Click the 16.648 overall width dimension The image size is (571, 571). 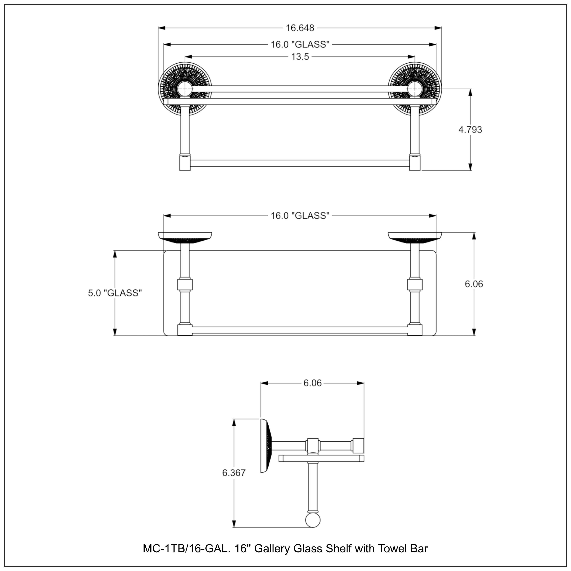click(x=300, y=28)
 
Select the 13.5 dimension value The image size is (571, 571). click(x=300, y=57)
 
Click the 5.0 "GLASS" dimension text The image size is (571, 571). click(x=115, y=293)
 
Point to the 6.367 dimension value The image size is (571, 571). click(x=234, y=473)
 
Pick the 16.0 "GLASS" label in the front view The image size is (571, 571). click(x=300, y=44)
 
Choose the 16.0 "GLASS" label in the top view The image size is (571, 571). click(x=300, y=216)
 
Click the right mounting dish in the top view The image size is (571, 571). click(x=415, y=238)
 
